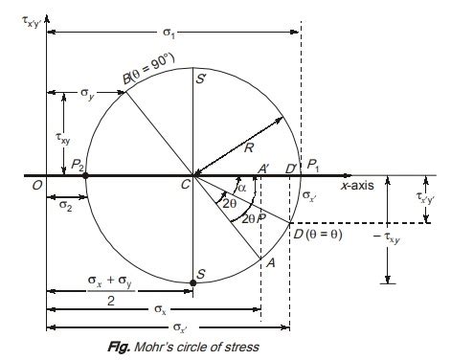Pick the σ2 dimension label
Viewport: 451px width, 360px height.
tap(65, 205)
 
